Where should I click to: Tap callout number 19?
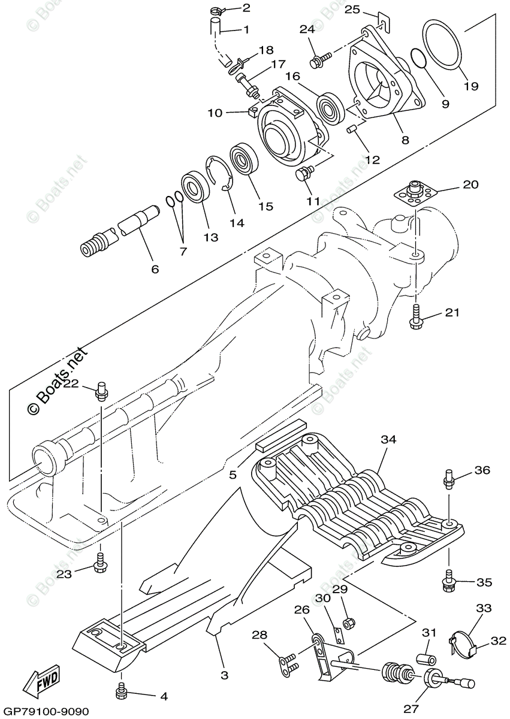[471, 86]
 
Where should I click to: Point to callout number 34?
[389, 439]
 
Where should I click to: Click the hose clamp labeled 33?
[463, 640]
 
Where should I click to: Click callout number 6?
[155, 269]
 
